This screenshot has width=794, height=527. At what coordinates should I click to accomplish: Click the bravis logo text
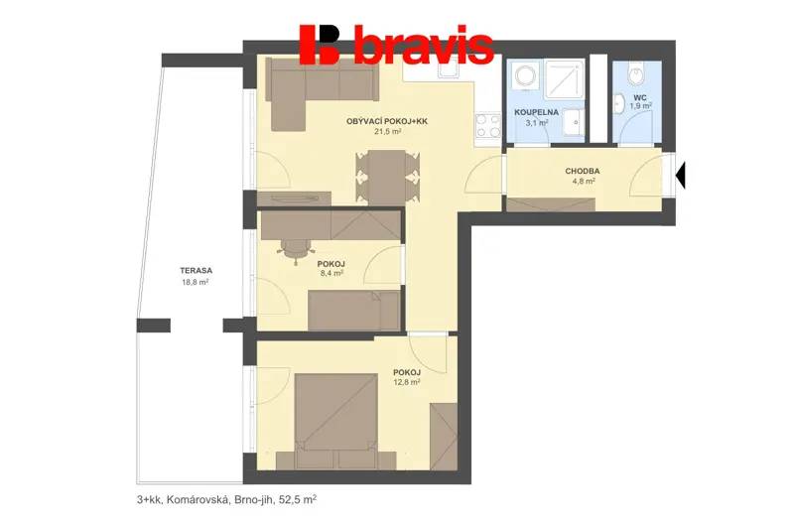(x=424, y=46)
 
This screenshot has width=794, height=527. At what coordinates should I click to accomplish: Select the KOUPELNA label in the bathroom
(x=536, y=112)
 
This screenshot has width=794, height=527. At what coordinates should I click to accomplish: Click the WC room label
(x=640, y=97)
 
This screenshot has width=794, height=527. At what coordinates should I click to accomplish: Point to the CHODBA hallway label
(x=583, y=171)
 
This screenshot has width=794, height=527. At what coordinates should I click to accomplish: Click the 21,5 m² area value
(x=388, y=132)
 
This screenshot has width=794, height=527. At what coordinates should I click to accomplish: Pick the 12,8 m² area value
(x=407, y=382)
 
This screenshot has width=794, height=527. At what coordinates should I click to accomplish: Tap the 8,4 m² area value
(x=332, y=273)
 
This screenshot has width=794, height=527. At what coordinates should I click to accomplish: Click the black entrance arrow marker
(x=681, y=174)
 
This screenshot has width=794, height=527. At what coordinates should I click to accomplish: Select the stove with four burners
(x=488, y=126)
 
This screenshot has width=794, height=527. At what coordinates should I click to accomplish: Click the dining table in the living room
(x=387, y=178)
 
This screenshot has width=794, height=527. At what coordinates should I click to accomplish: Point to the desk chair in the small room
(x=295, y=248)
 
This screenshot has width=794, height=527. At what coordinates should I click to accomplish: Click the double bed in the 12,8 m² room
(x=336, y=421)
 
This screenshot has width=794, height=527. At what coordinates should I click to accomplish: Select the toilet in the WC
(x=635, y=73)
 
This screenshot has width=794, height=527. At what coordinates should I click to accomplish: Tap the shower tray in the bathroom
(x=565, y=79)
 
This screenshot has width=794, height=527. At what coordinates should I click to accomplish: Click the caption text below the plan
(x=227, y=500)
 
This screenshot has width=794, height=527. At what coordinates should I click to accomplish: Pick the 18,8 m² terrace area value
(x=196, y=283)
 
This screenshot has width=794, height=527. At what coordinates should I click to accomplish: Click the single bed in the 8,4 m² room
(x=354, y=311)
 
